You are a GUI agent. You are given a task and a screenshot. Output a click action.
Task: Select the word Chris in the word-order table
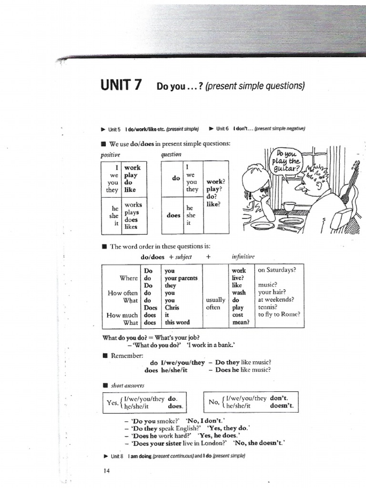(x=172, y=307)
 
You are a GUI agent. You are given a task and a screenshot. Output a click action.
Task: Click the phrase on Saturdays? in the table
(x=277, y=270)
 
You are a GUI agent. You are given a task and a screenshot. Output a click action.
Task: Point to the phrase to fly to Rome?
(x=279, y=315)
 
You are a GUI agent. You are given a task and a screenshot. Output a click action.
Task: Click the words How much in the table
(x=122, y=315)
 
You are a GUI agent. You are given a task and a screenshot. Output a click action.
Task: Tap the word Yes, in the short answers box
(x=112, y=402)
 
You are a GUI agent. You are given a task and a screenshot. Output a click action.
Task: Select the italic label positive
(x=111, y=155)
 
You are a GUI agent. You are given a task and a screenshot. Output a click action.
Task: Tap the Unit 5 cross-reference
(x=113, y=129)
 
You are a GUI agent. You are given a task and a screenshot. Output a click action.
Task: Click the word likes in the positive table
(x=131, y=227)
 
